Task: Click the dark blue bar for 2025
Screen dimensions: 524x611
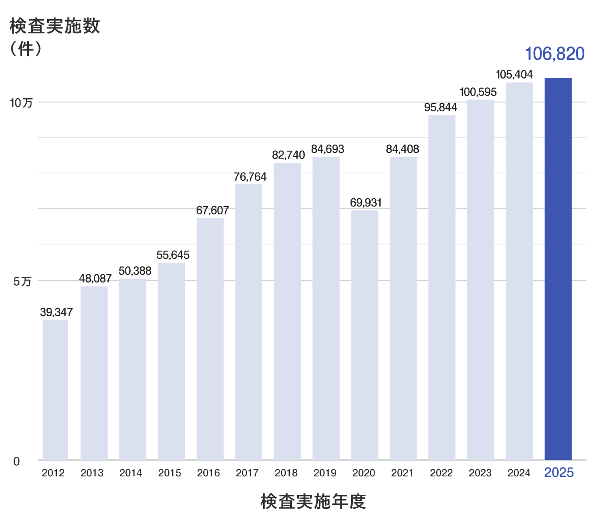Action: click(x=558, y=269)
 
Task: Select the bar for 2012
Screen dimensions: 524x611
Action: click(x=55, y=390)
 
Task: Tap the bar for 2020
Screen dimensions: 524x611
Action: click(x=365, y=335)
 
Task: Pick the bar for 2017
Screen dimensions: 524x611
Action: click(x=249, y=321)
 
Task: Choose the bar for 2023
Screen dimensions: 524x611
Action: click(x=480, y=279)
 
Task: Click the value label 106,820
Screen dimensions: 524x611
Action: click(x=554, y=54)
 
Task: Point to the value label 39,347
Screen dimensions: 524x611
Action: click(x=56, y=312)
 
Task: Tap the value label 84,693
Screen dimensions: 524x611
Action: click(x=327, y=149)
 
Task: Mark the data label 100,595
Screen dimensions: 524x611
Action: click(x=478, y=92)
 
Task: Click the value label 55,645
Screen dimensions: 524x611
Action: click(x=173, y=255)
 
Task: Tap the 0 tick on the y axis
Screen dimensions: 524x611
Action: click(x=17, y=462)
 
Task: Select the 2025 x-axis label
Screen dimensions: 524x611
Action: click(x=559, y=473)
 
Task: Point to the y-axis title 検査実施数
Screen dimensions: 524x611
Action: click(x=55, y=26)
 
